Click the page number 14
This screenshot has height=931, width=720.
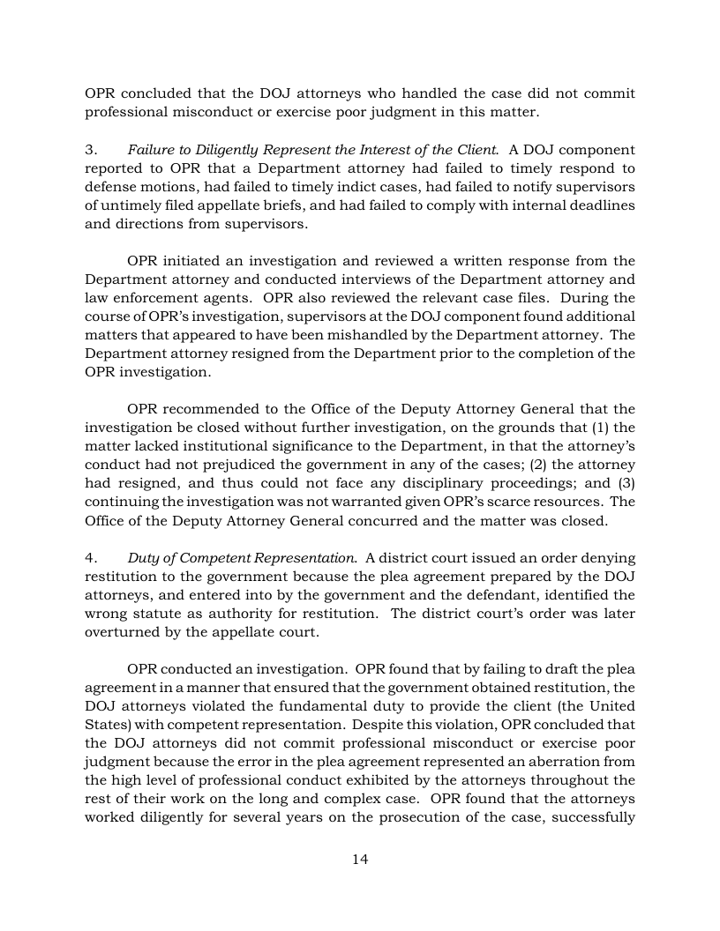tap(360, 860)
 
